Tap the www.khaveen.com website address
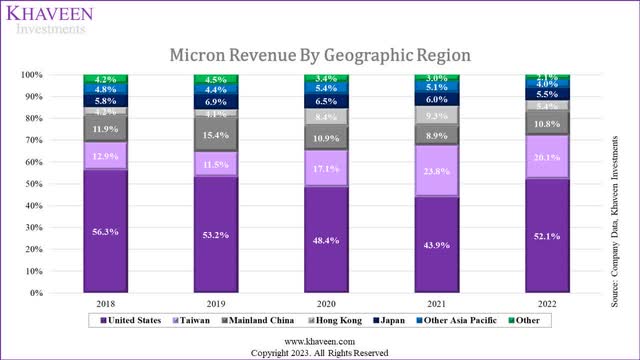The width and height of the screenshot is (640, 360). pyautogui.click(x=319, y=340)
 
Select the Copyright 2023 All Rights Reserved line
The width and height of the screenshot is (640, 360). pyautogui.click(x=319, y=352)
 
